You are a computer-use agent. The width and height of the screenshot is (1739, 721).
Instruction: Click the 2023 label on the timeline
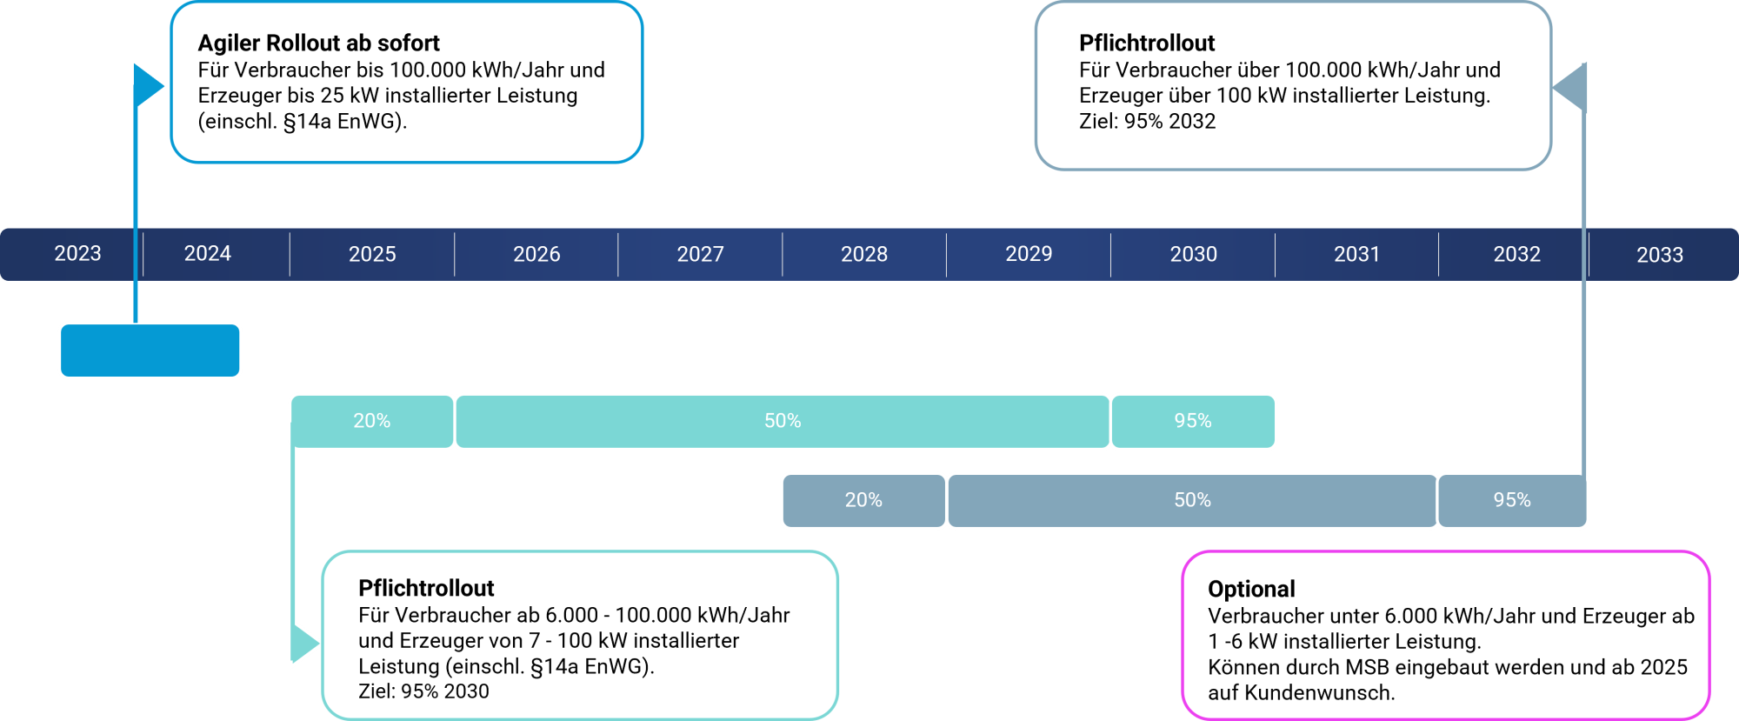tap(77, 253)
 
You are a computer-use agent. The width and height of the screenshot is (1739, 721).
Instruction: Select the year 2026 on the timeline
tap(536, 254)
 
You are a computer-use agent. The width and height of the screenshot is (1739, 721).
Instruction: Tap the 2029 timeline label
tap(1029, 253)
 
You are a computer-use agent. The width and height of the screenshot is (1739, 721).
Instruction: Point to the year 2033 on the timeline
tap(1660, 255)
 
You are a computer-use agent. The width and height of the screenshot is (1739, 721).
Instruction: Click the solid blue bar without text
tap(150, 350)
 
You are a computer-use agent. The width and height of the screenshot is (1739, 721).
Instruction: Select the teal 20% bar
tap(372, 422)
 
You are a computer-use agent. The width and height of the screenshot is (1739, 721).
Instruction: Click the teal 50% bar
tap(783, 422)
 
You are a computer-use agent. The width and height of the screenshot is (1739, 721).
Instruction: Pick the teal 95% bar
tap(1193, 422)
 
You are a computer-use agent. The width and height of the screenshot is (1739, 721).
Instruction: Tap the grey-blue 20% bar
tap(863, 501)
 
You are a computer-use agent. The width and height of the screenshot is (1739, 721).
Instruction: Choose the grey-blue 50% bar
tap(1192, 501)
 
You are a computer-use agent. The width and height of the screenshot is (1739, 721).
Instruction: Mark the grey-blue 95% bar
tap(1512, 501)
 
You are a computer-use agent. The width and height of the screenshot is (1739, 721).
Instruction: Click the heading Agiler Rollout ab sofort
tap(318, 43)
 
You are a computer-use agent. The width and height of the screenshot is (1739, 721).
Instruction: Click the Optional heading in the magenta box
tap(1251, 589)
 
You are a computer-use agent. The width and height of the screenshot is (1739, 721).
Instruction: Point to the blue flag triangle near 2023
tap(148, 86)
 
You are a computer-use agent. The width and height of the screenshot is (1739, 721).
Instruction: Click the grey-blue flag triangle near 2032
tap(1570, 87)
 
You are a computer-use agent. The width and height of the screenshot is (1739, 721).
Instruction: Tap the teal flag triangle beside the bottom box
tap(304, 644)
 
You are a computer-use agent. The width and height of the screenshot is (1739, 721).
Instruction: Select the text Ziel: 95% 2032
tap(1147, 121)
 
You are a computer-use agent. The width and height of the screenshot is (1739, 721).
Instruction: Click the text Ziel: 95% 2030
tap(423, 691)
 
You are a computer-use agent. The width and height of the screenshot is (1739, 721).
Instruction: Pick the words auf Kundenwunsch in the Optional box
tap(1301, 693)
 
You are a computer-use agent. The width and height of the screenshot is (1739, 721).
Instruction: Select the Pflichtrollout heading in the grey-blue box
tap(1147, 43)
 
